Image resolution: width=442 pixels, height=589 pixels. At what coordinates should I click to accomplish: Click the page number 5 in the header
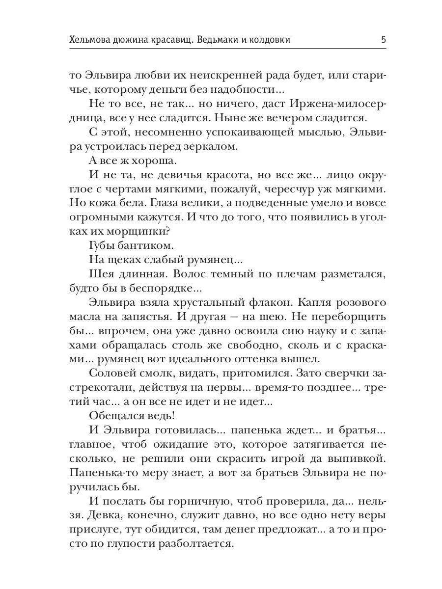tap(383, 40)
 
